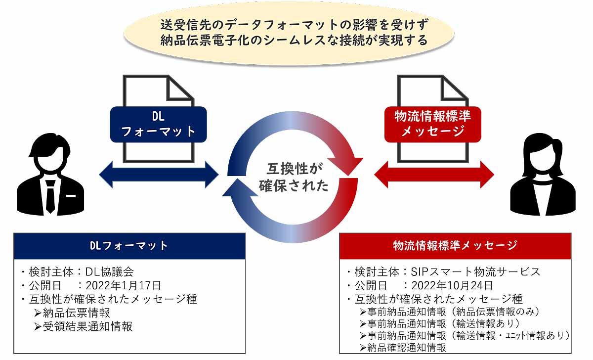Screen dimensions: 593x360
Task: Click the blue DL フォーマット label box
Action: point(158,124)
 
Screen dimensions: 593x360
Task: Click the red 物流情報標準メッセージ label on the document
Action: point(432,124)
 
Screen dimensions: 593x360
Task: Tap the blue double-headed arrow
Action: point(159,175)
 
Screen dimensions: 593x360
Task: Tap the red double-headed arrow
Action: point(434,175)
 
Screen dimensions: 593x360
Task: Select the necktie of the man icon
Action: point(50,196)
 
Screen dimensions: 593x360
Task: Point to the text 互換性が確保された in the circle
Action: point(294,177)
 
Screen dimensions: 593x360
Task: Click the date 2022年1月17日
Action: point(124,285)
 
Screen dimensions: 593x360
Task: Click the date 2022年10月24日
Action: point(452,285)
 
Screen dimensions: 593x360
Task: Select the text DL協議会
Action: point(110,272)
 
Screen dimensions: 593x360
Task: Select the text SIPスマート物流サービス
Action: point(475,272)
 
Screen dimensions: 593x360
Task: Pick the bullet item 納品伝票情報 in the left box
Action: point(72,313)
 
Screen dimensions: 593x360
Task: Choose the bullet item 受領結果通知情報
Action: point(83,327)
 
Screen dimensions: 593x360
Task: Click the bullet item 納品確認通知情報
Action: point(403,348)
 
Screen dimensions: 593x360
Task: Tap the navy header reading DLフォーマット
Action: point(129,246)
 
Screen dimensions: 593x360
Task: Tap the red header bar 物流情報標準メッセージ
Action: point(455,246)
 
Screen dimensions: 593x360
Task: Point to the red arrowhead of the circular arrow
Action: point(345,166)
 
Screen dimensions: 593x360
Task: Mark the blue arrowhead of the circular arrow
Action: point(240,188)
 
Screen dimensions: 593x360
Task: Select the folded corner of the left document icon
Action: point(179,89)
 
